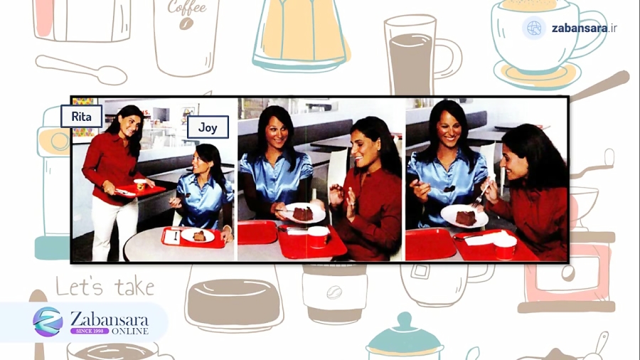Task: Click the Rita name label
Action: coord(81,117)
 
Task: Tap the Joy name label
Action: coord(208,127)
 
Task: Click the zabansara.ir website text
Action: coord(584,28)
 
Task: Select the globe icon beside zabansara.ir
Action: coord(534,28)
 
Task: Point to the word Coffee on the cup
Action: coord(187,7)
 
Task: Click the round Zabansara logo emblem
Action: coord(48,322)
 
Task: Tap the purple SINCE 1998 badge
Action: coord(90,331)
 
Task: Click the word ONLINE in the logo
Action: coord(130,331)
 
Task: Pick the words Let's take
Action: coord(105,286)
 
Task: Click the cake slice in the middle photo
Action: coord(303,213)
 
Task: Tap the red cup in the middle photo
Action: coord(318,237)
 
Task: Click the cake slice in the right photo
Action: coord(466,218)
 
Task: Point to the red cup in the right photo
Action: coord(505,247)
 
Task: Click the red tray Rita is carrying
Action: coord(139,191)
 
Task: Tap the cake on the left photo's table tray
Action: coord(199,235)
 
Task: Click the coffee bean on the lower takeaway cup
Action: coord(334,292)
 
